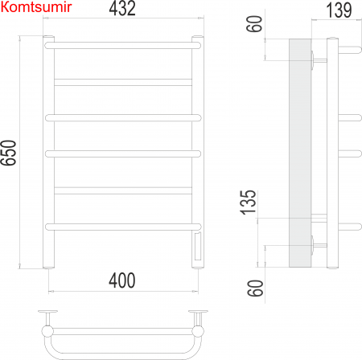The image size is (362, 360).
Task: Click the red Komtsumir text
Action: (37, 7)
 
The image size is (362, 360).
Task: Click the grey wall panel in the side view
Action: (298, 153)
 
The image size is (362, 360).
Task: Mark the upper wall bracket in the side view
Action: (319, 59)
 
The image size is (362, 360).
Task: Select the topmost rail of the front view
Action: (121, 46)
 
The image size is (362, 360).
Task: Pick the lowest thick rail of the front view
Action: (121, 225)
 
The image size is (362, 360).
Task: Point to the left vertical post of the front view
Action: (47, 153)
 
